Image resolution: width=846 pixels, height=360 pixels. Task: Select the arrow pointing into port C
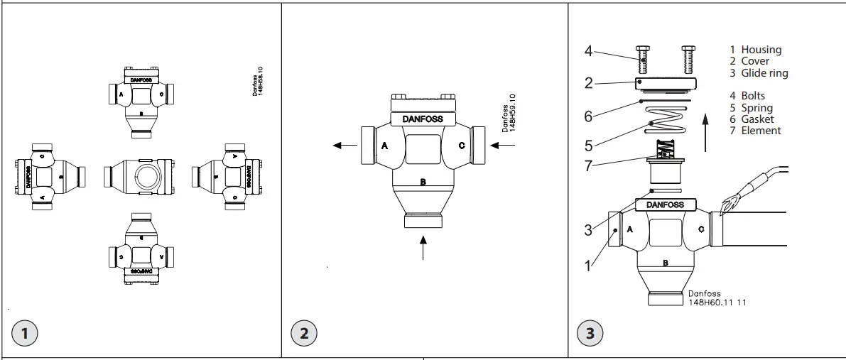click(501, 145)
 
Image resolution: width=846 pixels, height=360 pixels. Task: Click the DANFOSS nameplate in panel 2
click(423, 119)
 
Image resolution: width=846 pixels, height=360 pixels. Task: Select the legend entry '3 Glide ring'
click(759, 72)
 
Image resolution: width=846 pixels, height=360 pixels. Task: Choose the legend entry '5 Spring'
click(753, 107)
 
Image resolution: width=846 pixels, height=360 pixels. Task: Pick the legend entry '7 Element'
click(755, 130)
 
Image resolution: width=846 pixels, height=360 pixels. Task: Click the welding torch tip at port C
click(725, 207)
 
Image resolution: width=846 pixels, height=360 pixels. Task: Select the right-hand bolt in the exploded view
click(687, 60)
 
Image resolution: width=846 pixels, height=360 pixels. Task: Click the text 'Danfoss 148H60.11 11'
click(717, 297)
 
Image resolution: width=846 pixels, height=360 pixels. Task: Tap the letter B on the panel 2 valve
click(423, 182)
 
